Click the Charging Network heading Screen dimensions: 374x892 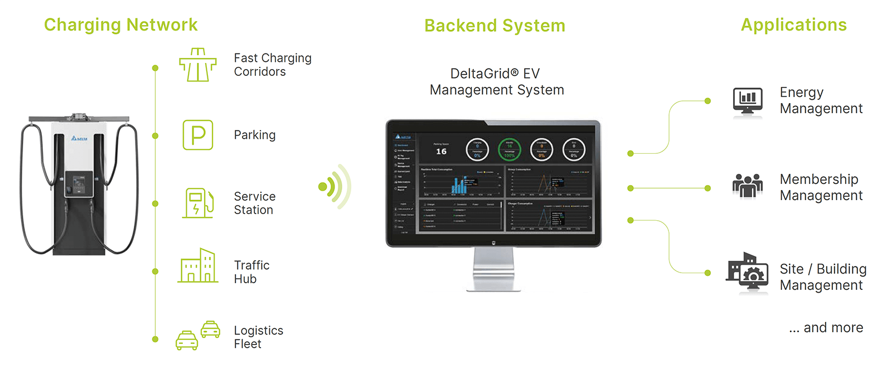[120, 25]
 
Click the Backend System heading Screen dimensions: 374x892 [495, 26]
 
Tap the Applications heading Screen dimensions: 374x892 [793, 25]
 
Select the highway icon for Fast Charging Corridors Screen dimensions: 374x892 [198, 65]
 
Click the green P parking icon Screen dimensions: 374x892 [198, 135]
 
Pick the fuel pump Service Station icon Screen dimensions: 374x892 [198, 203]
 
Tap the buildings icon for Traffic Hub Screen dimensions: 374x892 [198, 266]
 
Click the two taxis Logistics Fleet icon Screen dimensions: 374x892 [198, 336]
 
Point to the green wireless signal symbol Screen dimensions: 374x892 [335, 187]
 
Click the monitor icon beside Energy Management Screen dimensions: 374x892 [748, 101]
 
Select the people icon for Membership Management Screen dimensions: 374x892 [748, 186]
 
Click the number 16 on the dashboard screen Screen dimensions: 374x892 [441, 152]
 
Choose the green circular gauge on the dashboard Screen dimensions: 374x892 [509, 149]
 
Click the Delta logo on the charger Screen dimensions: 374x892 [79, 138]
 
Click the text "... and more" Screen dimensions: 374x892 [826, 328]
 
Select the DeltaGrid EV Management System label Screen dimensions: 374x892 [496, 82]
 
